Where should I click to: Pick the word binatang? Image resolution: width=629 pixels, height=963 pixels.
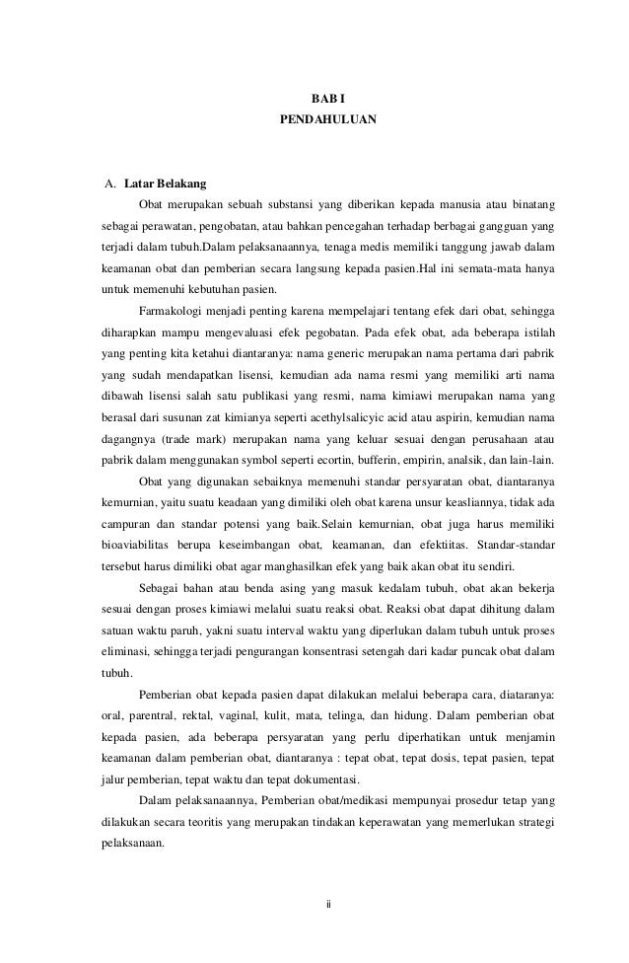pos(530,206)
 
